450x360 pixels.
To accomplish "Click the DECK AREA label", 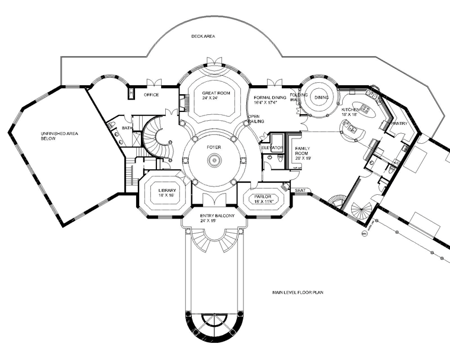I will click(x=202, y=37).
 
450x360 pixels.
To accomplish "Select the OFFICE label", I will click(x=152, y=95).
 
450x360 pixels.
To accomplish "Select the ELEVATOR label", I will click(x=272, y=147).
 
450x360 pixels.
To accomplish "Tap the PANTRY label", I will click(x=399, y=123).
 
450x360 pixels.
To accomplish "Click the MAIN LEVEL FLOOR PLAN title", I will click(x=298, y=292).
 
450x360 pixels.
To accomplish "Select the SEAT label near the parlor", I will click(x=300, y=190).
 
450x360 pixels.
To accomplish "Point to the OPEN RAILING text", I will click(x=255, y=119).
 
